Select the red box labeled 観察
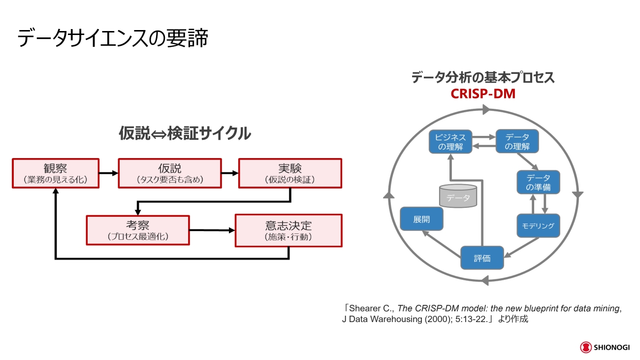point(56,173)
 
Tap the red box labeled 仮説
point(169,173)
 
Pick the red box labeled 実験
point(290,173)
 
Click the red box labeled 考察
point(138,230)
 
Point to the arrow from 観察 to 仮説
point(109,173)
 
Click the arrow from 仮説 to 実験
point(229,173)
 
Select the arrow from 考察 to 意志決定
point(212,230)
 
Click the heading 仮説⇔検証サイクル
point(184,133)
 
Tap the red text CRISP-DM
point(482,93)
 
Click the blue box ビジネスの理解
point(450,141)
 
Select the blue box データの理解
point(517,141)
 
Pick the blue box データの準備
point(538,182)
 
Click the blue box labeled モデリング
point(538,226)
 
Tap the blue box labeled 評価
point(482,258)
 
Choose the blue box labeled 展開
point(421,219)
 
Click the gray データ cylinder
point(458,196)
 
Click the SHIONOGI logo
point(605,347)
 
